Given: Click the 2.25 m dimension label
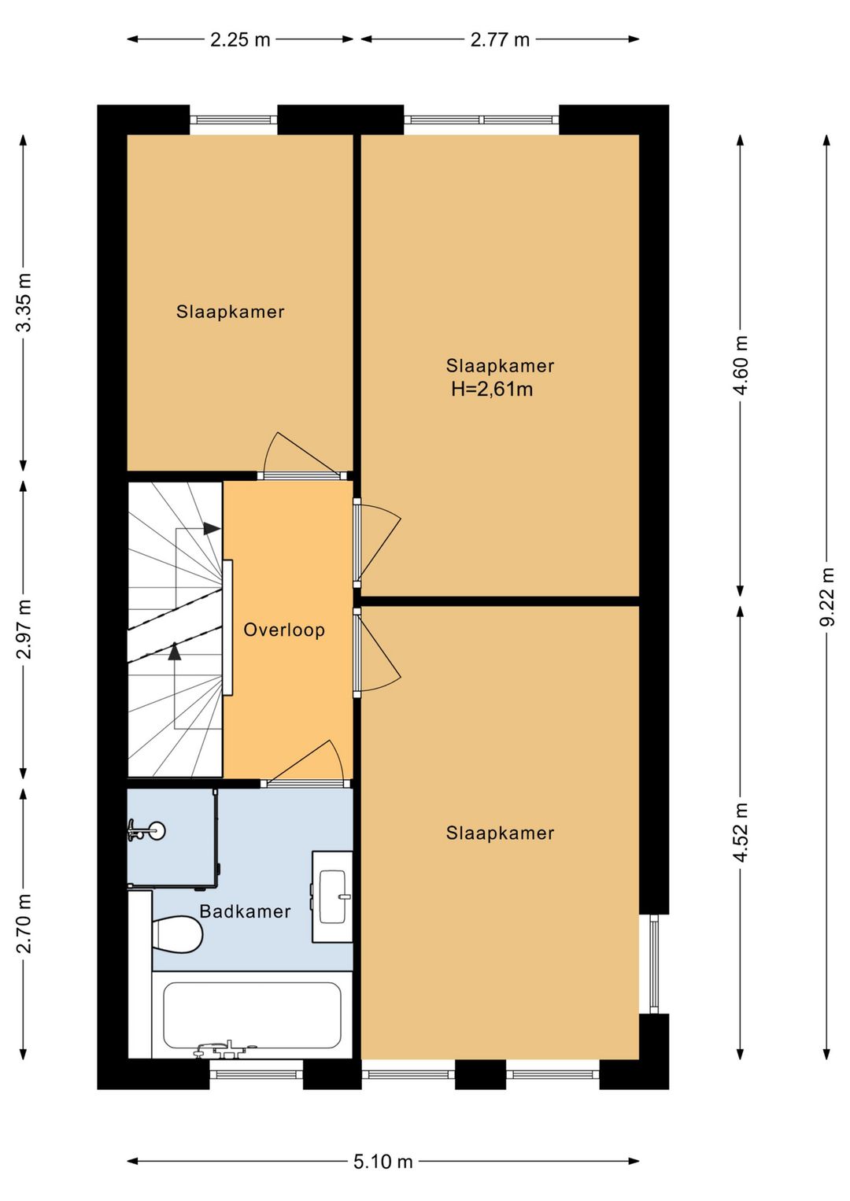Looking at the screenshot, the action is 240,39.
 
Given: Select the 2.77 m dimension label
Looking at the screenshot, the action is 500,39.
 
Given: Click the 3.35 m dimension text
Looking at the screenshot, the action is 24,302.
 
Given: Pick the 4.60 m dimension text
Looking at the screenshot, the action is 741,365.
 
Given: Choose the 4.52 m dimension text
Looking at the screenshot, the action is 741,833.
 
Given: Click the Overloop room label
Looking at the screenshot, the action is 284,630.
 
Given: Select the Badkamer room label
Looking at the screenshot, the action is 245,911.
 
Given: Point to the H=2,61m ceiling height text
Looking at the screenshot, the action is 492,390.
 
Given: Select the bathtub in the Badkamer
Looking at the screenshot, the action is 252,1015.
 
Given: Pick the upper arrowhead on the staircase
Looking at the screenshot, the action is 213,529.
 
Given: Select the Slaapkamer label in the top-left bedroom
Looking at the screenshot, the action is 231,312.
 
